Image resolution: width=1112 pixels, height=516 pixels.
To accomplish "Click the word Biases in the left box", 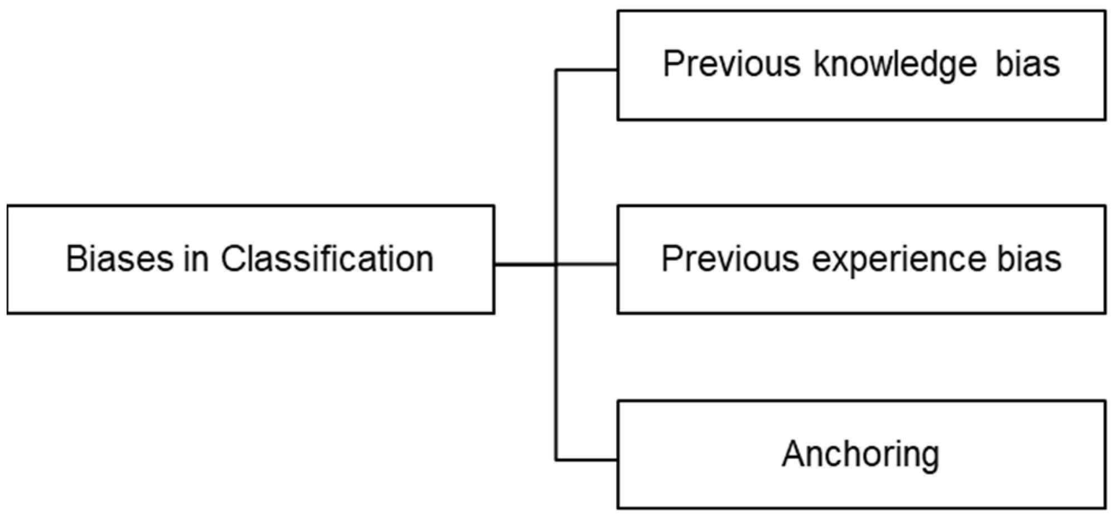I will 119,259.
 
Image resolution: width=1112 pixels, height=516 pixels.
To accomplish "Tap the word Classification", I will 327,259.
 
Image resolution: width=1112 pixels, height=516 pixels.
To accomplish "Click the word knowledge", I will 895,64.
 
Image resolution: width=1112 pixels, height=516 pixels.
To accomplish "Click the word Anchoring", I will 860,454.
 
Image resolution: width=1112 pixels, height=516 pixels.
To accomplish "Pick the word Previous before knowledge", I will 731,64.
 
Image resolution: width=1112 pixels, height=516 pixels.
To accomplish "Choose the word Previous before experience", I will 730,259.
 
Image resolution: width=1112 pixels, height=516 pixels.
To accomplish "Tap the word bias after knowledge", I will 1027,64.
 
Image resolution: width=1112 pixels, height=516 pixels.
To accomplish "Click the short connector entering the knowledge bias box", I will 586,70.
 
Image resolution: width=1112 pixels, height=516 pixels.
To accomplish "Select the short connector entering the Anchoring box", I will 586,460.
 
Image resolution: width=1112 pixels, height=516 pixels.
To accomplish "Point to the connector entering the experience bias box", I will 587,264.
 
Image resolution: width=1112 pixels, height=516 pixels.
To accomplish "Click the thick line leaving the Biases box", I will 524,264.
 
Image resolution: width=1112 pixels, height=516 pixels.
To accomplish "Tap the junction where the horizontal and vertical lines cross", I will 555,264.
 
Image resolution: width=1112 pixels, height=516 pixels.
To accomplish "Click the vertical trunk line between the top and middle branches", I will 555,167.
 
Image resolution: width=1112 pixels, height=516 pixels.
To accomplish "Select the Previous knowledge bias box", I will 861,100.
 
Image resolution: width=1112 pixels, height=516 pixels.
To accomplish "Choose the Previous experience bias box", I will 861,296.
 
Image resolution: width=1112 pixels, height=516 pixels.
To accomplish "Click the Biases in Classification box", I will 250,296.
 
